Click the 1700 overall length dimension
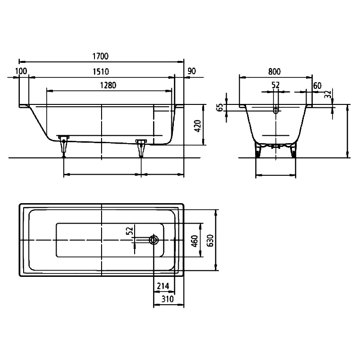click(100, 56)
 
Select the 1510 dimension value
click(101, 72)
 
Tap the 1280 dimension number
click(108, 85)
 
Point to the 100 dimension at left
click(21, 71)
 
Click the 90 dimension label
click(192, 71)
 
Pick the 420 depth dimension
click(197, 126)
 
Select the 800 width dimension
click(274, 72)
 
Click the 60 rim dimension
click(317, 86)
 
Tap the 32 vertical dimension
click(328, 94)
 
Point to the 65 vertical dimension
click(220, 107)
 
